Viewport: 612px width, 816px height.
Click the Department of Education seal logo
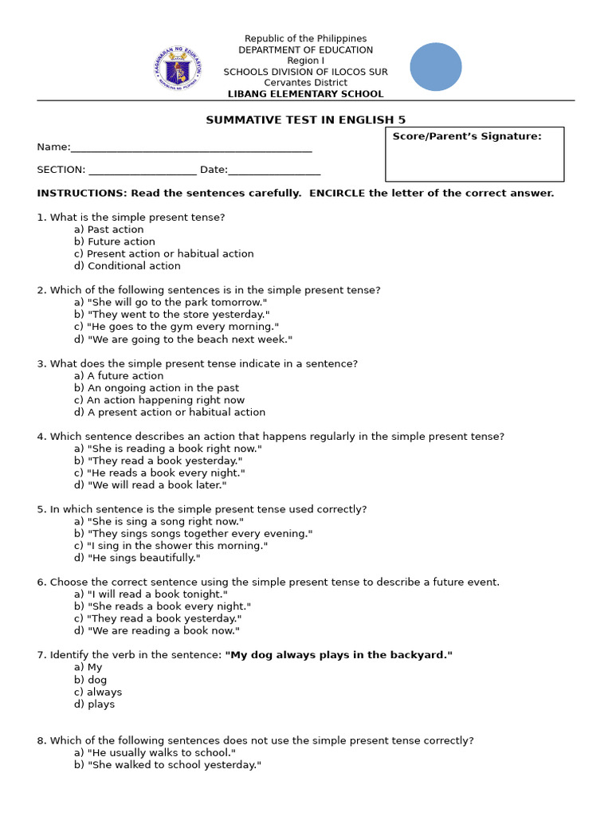tap(178, 68)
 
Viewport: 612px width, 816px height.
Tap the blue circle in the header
tap(436, 67)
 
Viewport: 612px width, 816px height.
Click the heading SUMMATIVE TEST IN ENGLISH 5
tap(305, 120)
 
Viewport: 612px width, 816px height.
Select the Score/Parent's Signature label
tap(466, 136)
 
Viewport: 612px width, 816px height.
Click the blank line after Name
tap(191, 148)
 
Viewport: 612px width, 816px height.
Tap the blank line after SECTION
tap(142, 170)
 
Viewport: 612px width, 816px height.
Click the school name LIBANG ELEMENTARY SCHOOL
tap(305, 94)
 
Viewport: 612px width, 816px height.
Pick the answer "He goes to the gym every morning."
tap(177, 327)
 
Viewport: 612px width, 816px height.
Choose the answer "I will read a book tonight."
tap(151, 594)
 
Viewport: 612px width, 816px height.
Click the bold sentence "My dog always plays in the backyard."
tap(339, 655)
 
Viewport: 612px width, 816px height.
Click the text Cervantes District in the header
tap(305, 83)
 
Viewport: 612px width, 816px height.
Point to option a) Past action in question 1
tap(109, 229)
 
